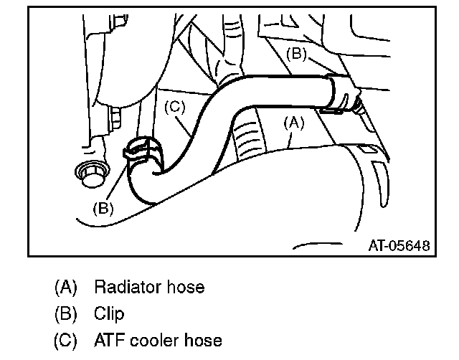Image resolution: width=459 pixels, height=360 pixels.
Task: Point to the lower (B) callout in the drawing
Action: pos(104,209)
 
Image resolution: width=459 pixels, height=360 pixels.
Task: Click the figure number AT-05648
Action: pos(398,245)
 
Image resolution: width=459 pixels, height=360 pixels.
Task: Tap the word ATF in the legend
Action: pos(108,339)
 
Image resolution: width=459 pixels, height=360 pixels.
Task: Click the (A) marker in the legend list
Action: pos(65,288)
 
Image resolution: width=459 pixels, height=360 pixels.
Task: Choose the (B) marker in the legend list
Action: pos(65,313)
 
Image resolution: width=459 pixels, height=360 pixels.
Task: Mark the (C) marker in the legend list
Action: pos(65,339)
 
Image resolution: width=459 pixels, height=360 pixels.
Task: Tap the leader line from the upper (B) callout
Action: pos(320,67)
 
